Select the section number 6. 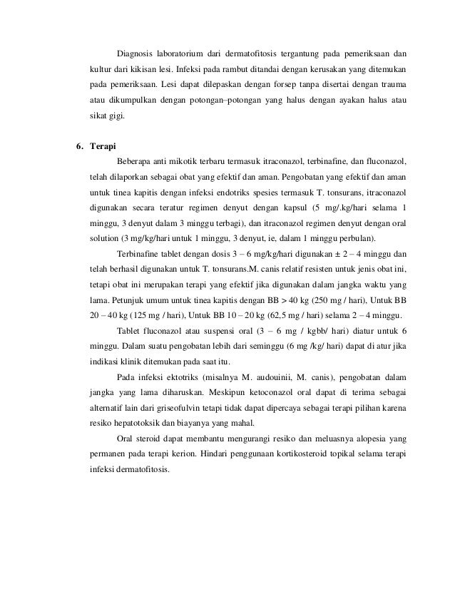point(80,148)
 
